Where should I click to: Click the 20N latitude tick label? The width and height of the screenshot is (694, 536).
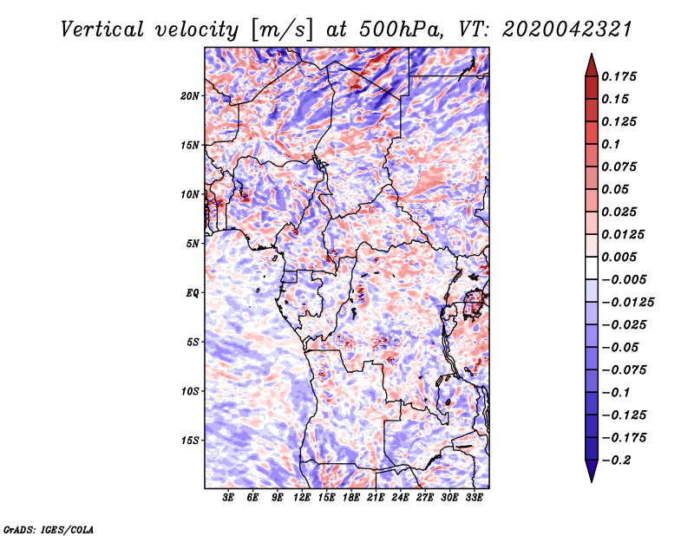coord(191,95)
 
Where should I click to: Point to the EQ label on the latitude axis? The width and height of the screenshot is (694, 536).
coord(193,292)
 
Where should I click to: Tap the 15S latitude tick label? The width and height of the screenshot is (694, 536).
coord(191,440)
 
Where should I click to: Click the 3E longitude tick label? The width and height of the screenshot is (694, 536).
coord(229,499)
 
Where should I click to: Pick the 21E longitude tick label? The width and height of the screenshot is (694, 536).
coord(376,499)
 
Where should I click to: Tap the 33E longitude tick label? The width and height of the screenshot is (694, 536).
coord(474,499)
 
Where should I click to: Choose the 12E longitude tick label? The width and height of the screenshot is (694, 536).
coord(302,499)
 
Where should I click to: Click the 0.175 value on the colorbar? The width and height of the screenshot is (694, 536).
coord(620,76)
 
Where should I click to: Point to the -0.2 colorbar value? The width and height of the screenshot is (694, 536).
coord(618,460)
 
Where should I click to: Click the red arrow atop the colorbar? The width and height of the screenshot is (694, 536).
coord(590,63)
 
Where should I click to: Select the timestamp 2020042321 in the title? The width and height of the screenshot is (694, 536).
coord(566,29)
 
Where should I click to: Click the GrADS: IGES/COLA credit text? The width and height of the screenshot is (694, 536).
coord(48,528)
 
